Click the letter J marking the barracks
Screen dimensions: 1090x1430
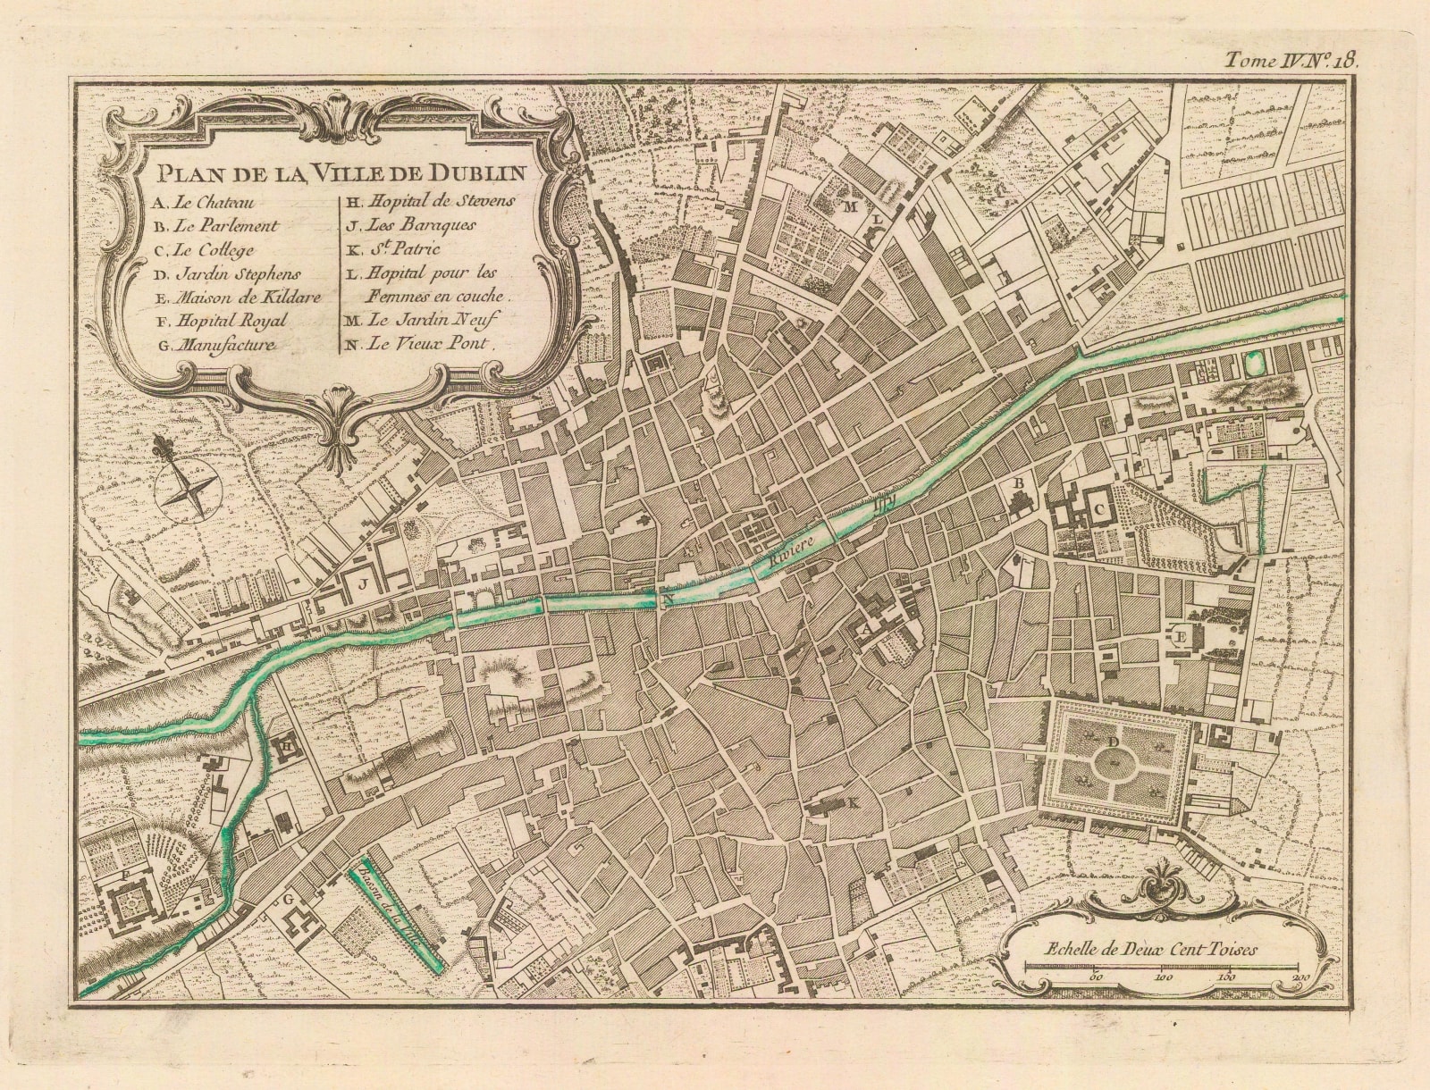[363, 585]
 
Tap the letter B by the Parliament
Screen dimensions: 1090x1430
[1017, 482]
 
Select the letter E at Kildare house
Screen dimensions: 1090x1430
[1180, 637]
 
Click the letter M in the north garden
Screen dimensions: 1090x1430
[852, 206]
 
